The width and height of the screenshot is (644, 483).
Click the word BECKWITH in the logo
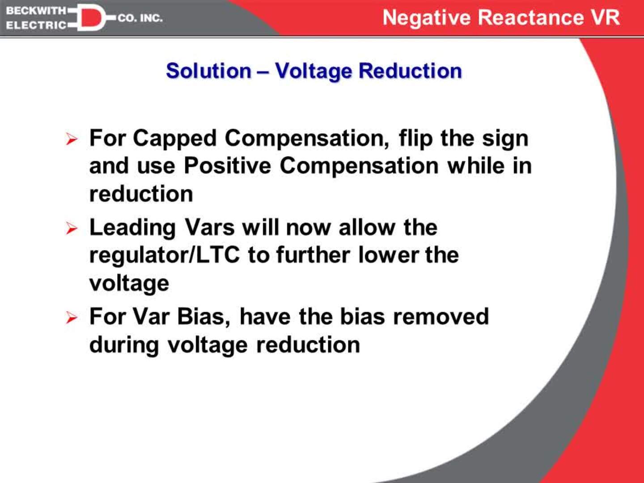(x=36, y=10)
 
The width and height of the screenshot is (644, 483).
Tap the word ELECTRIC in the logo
(x=36, y=25)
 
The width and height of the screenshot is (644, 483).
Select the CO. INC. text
(x=140, y=18)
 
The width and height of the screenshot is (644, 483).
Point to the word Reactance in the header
(x=531, y=18)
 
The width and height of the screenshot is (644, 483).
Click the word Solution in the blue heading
(x=208, y=71)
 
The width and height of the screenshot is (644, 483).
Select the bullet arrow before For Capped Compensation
(x=72, y=139)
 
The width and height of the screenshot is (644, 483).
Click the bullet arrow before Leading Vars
(x=72, y=229)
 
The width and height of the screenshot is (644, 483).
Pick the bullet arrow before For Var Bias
(x=72, y=318)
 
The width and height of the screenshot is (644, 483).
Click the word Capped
(x=174, y=139)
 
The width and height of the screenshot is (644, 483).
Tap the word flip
(x=415, y=139)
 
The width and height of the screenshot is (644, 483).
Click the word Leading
(x=132, y=228)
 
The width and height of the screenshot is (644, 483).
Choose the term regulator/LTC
(x=164, y=255)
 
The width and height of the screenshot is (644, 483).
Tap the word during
(x=124, y=345)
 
